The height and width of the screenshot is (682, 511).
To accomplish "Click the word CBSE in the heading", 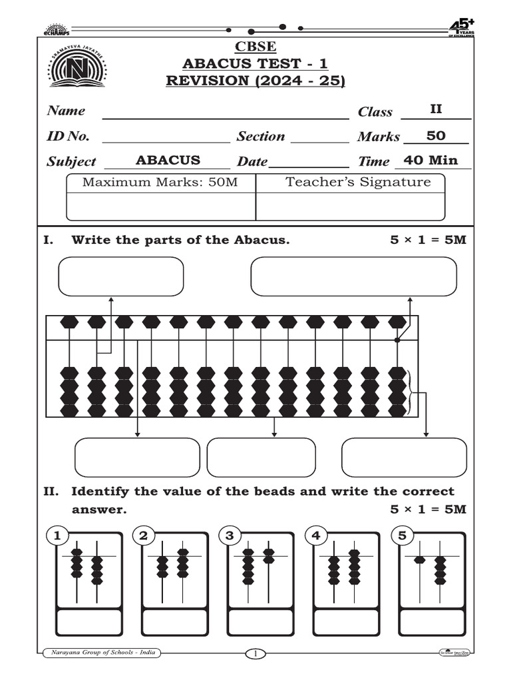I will coord(255,47).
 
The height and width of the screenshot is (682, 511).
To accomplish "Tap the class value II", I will coord(436,109).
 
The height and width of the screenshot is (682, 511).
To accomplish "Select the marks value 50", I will coord(436,136).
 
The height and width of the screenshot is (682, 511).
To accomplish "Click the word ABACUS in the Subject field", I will coord(168,160).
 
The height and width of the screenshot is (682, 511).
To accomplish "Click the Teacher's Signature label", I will coord(358,182).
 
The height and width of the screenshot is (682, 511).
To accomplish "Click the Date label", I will coord(252,161).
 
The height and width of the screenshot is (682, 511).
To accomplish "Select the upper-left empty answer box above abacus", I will coord(121,276).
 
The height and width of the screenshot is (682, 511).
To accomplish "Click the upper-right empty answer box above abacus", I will coord(353,276).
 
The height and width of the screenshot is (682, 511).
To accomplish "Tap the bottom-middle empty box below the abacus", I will coord(261,458).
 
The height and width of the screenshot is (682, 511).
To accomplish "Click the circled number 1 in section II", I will coord(58,535).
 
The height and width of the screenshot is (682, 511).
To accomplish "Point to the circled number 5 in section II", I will coord(402,535).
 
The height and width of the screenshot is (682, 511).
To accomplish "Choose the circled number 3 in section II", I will coord(230,535).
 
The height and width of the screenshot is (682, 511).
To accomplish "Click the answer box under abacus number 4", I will coord(346,622).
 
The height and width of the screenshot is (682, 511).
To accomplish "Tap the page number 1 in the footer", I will coord(255,654).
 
